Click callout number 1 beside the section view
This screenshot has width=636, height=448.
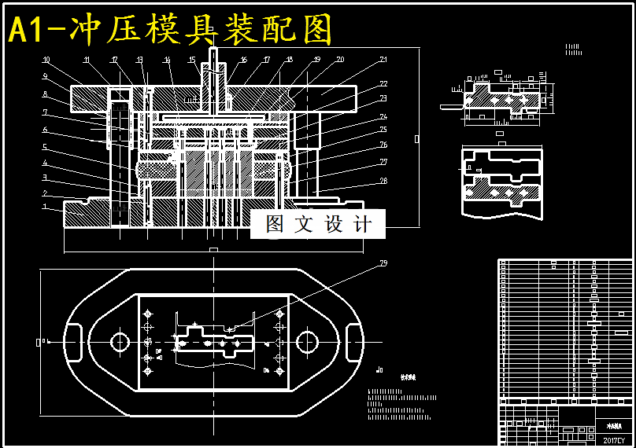pyautogui.click(x=45, y=207)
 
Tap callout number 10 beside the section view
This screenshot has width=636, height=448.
pyautogui.click(x=46, y=60)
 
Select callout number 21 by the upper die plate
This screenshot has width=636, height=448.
pyautogui.click(x=383, y=60)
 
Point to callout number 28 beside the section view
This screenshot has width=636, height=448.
pyautogui.click(x=383, y=182)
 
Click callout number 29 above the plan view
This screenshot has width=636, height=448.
pyautogui.click(x=383, y=263)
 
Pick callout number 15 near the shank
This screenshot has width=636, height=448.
pyautogui.click(x=192, y=60)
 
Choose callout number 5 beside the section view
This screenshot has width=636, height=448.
pyautogui.click(x=45, y=147)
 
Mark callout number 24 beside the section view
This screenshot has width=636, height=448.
pyautogui.click(x=383, y=116)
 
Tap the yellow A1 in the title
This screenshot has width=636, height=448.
pyautogui.click(x=25, y=30)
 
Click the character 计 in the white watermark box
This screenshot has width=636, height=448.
pyautogui.click(x=362, y=225)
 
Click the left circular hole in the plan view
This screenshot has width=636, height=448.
pyautogui.click(x=120, y=342)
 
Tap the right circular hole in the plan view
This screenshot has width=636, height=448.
pyautogui.click(x=307, y=342)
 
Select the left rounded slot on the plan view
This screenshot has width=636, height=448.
pyautogui.click(x=76, y=343)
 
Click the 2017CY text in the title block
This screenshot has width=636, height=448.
pyautogui.click(x=613, y=440)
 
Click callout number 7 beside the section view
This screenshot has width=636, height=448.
pyautogui.click(x=45, y=112)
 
